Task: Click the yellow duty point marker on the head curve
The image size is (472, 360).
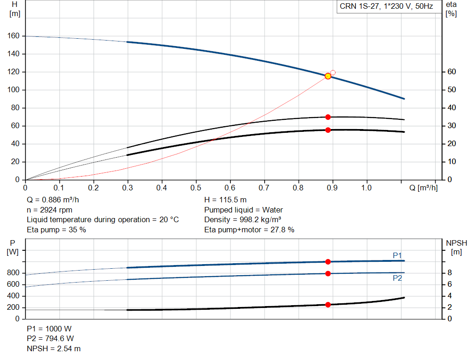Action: pos(328,76)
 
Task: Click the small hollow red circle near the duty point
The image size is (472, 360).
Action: pos(333,73)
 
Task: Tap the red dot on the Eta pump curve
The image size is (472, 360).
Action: pos(328,117)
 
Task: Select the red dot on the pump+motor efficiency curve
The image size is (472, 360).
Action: pos(328,130)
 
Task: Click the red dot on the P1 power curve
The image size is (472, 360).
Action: pos(328,262)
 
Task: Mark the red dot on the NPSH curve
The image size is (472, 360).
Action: pos(328,305)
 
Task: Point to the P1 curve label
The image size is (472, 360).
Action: pos(397,255)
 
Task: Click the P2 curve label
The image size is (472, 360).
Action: pos(397,278)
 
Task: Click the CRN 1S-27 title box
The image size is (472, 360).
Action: pos(386,7)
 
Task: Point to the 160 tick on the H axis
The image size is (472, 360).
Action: pos(14,36)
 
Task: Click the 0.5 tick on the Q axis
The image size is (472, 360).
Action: pos(196,188)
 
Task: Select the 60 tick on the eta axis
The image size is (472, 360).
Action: pos(451,72)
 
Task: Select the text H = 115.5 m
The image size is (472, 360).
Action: pos(226,200)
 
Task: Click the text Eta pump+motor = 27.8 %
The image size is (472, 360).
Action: pos(249,230)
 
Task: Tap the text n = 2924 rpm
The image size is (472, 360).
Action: pos(49,210)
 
